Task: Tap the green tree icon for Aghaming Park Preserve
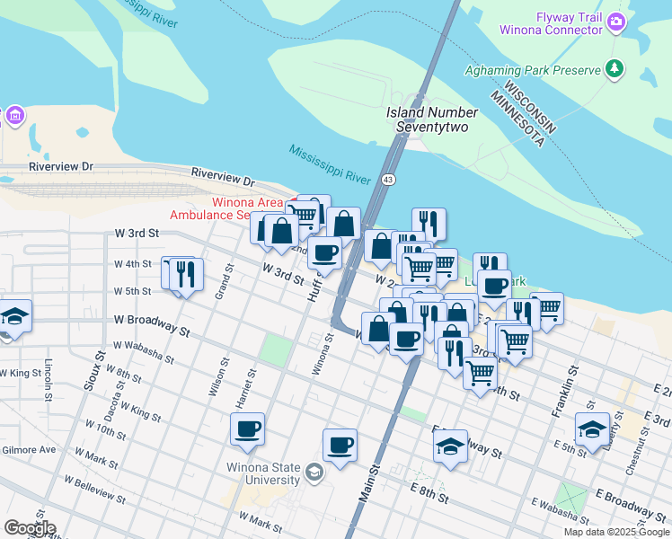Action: coord(615,68)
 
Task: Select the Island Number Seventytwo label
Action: coord(432,119)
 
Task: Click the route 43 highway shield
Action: coord(388,180)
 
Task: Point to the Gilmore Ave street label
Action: coord(28,449)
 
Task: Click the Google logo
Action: coord(30,528)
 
